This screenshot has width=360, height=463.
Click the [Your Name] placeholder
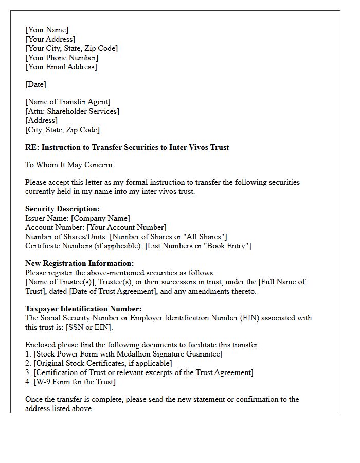point(47,30)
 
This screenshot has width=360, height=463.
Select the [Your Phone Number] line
point(62,58)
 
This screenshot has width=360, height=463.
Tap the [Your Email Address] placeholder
point(61,67)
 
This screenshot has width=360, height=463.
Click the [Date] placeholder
point(35,84)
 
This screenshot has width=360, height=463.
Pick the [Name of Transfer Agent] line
point(68,102)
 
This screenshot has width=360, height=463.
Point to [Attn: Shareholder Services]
point(72,111)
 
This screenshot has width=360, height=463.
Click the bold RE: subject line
point(127,147)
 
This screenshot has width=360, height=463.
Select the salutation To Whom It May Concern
point(69,165)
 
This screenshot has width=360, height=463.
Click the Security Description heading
point(63,209)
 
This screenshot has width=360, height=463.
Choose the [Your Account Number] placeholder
point(127,227)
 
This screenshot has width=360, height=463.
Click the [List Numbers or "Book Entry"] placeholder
point(198,246)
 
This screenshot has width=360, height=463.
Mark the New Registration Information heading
point(79,263)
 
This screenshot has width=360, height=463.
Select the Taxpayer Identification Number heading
point(83,309)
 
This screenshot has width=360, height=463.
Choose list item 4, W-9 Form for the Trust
point(70,382)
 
